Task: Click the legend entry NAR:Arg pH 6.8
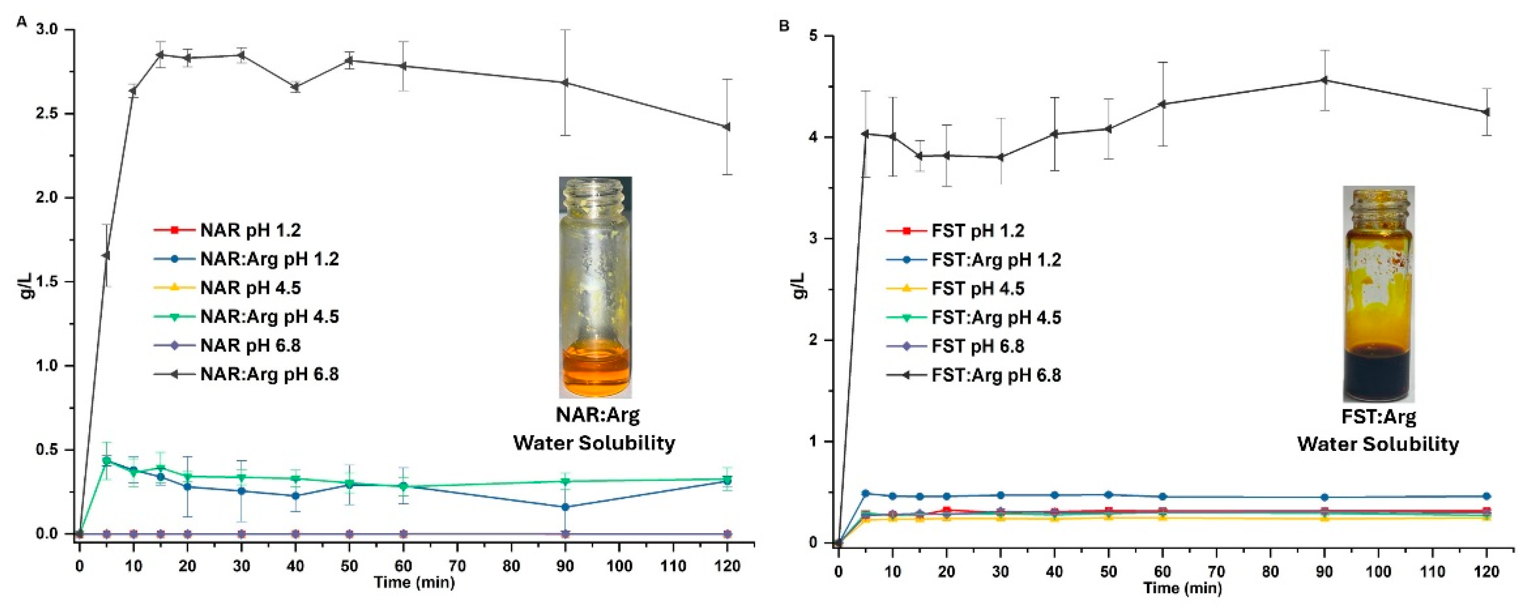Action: click(x=269, y=374)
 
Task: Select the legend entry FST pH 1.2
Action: click(x=977, y=231)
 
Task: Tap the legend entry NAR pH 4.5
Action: click(x=250, y=288)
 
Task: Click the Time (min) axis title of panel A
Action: click(x=414, y=583)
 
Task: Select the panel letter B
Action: click(x=784, y=26)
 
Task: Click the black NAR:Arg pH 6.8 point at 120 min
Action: click(x=727, y=127)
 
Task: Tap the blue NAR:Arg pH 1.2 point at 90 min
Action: click(x=565, y=507)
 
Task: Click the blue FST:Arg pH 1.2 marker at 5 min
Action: click(x=865, y=494)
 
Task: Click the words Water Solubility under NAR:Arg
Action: click(x=594, y=443)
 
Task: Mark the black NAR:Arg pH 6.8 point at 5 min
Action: click(x=106, y=255)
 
